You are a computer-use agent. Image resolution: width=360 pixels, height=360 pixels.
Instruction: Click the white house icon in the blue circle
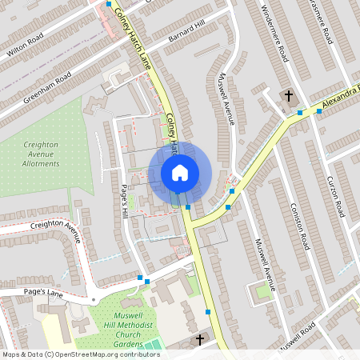[179, 172]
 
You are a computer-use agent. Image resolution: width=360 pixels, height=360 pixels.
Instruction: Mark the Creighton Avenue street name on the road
[55, 230]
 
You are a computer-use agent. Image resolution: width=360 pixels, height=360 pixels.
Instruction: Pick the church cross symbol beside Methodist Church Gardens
[200, 340]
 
